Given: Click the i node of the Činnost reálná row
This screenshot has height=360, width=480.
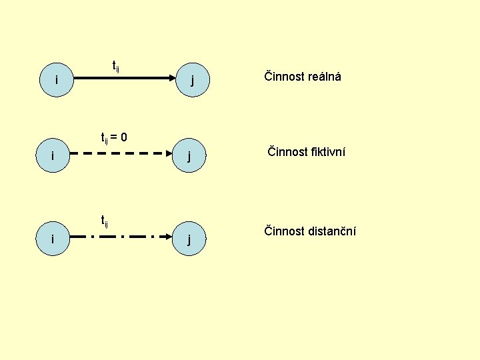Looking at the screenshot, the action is tap(57, 80).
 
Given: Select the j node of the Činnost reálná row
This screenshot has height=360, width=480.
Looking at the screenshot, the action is tap(193, 80).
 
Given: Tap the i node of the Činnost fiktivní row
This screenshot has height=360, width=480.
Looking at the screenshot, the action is tap(53, 155).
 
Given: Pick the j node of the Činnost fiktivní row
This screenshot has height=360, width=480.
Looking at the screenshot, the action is tap(189, 155).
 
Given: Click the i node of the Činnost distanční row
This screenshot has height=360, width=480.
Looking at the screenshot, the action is tap(53, 239).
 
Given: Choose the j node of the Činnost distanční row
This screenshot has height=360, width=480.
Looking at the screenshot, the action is tap(189, 239).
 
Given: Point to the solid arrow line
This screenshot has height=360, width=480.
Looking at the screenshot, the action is tap(125, 78).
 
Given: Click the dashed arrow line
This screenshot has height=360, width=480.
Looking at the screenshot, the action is tap(121, 153).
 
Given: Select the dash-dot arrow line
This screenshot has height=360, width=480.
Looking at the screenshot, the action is tap(121, 237).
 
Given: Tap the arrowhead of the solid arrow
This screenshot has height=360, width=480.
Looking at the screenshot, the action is tap(173, 78).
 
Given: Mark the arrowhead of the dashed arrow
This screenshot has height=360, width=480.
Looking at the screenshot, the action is tap(169, 153).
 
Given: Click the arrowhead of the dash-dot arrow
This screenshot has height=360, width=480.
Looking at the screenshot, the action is tap(169, 237).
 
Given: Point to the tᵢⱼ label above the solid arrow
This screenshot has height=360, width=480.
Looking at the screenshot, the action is tap(116, 67).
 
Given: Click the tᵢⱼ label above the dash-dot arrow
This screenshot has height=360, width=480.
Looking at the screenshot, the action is tap(105, 221).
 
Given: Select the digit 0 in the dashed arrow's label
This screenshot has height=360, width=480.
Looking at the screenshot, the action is tap(124, 137).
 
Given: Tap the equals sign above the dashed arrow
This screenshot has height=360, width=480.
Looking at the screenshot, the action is tap(114, 137).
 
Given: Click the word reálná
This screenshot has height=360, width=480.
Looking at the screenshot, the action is tap(324, 77).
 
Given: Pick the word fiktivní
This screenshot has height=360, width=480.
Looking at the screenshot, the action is tap(328, 151).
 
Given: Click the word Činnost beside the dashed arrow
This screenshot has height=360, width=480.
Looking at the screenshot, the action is tap(287, 151).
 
